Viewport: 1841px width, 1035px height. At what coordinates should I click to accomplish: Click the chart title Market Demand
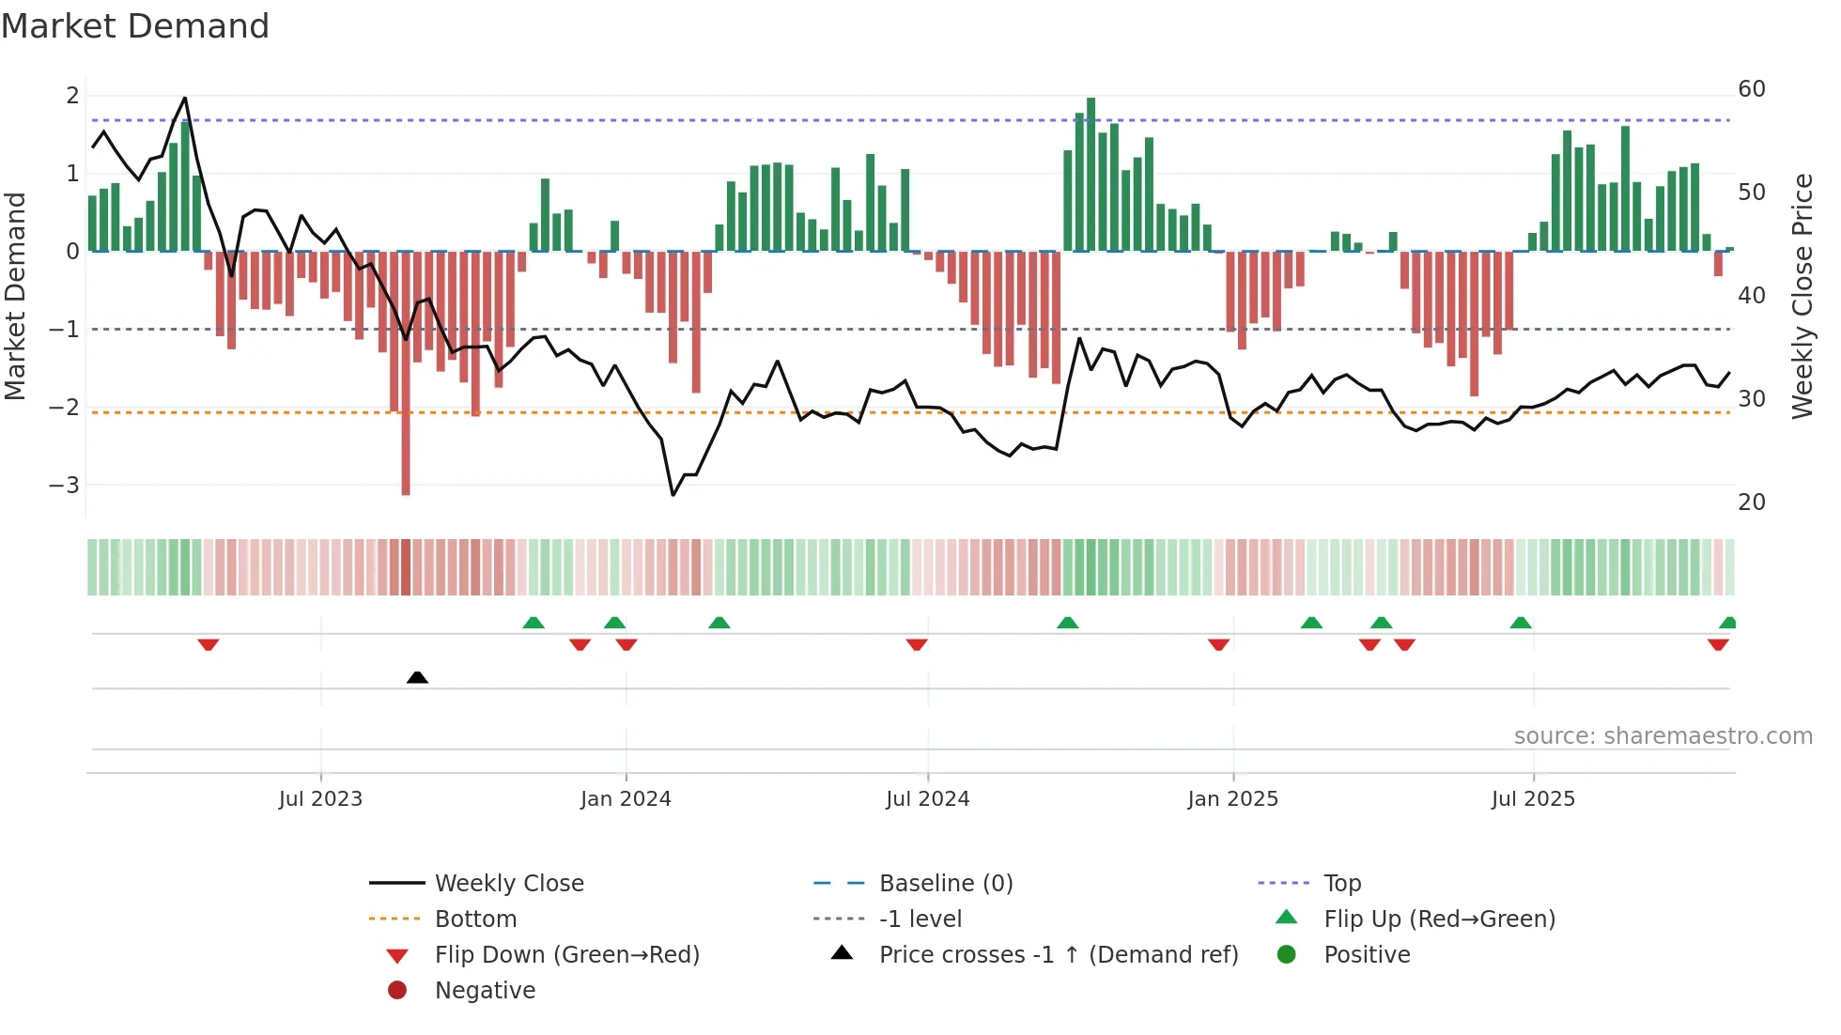pyautogui.click(x=135, y=26)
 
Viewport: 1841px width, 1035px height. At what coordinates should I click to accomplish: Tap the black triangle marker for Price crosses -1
pyautogui.click(x=417, y=677)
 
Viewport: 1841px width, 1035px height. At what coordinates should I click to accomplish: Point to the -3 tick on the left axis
pyautogui.click(x=64, y=486)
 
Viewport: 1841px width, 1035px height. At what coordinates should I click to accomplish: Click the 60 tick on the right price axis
pyautogui.click(x=1751, y=89)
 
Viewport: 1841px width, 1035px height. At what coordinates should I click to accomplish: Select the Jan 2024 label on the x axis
pyautogui.click(x=626, y=799)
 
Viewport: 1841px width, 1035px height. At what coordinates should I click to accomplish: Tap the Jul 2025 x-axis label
pyautogui.click(x=1533, y=799)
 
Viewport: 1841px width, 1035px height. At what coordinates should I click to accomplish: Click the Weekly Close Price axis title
pyautogui.click(x=1802, y=296)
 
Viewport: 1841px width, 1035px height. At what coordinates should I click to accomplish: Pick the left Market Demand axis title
pyautogui.click(x=15, y=296)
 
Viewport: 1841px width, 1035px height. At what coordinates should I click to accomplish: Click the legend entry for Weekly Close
pyautogui.click(x=508, y=884)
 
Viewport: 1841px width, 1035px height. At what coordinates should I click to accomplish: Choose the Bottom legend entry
pyautogui.click(x=475, y=919)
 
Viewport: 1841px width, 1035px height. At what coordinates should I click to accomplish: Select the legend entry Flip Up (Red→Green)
pyautogui.click(x=1439, y=919)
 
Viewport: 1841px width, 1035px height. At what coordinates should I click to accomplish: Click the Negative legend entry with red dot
pyautogui.click(x=485, y=991)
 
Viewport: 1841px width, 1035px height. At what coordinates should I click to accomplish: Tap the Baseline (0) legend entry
pyautogui.click(x=945, y=884)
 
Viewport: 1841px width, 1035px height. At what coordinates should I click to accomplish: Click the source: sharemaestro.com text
pyautogui.click(x=1663, y=736)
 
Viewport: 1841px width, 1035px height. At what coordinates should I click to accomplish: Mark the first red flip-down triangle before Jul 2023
pyautogui.click(x=209, y=644)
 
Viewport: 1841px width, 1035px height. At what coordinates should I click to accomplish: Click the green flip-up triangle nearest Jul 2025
pyautogui.click(x=1521, y=623)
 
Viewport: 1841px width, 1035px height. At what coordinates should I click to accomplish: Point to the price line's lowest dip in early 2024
pyautogui.click(x=673, y=494)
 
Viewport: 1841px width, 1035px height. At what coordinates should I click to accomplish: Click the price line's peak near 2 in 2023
pyautogui.click(x=185, y=98)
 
